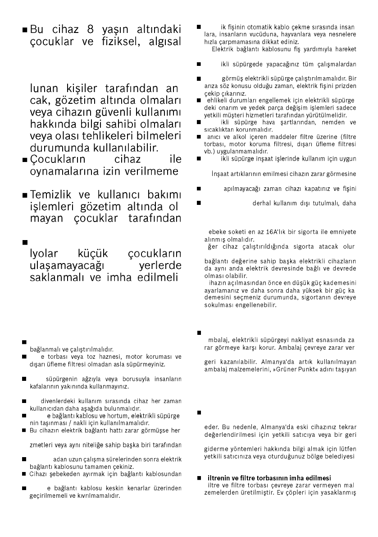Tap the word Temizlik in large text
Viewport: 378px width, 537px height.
coord(52,196)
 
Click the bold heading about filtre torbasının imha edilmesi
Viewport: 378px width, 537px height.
coord(269,478)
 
